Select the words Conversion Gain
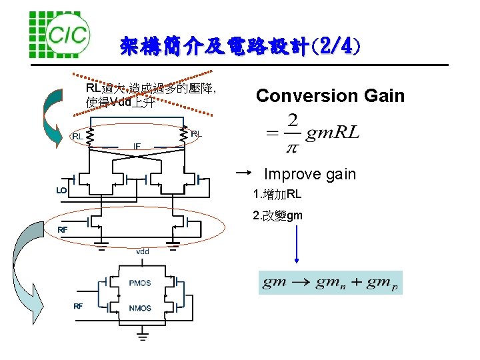click(330, 96)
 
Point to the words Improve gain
click(310, 175)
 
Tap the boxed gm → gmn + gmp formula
click(331, 283)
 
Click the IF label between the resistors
click(137, 146)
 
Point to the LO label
click(61, 191)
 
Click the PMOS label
click(140, 283)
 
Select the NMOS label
click(140, 308)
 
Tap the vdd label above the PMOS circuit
click(143, 251)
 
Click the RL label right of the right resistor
click(196, 134)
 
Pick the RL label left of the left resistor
click(78, 137)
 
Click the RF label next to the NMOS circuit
click(78, 306)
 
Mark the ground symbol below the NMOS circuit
click(143, 334)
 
